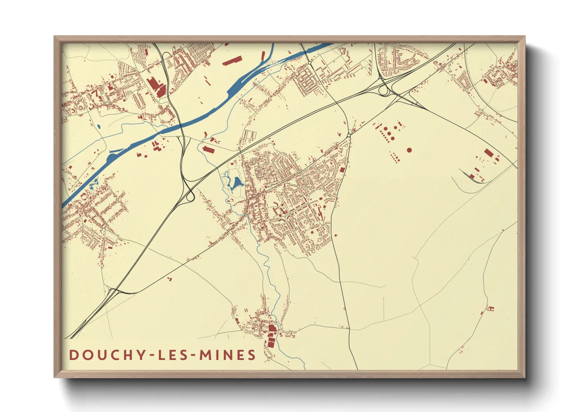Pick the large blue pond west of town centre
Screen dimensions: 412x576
[x=236, y=183]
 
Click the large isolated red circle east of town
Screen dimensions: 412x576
[x=409, y=150]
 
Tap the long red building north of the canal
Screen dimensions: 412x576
[x=232, y=61]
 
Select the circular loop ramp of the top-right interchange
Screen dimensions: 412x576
[x=384, y=91]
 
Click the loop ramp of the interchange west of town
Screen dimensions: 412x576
[x=190, y=197]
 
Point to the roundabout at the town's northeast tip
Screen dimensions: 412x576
[x=349, y=135]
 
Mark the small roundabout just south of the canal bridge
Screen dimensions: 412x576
[x=309, y=62]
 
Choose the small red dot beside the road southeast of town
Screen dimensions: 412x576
[x=335, y=235]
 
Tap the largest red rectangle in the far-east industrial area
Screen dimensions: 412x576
[x=488, y=153]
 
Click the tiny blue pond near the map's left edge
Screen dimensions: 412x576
[x=98, y=126]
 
